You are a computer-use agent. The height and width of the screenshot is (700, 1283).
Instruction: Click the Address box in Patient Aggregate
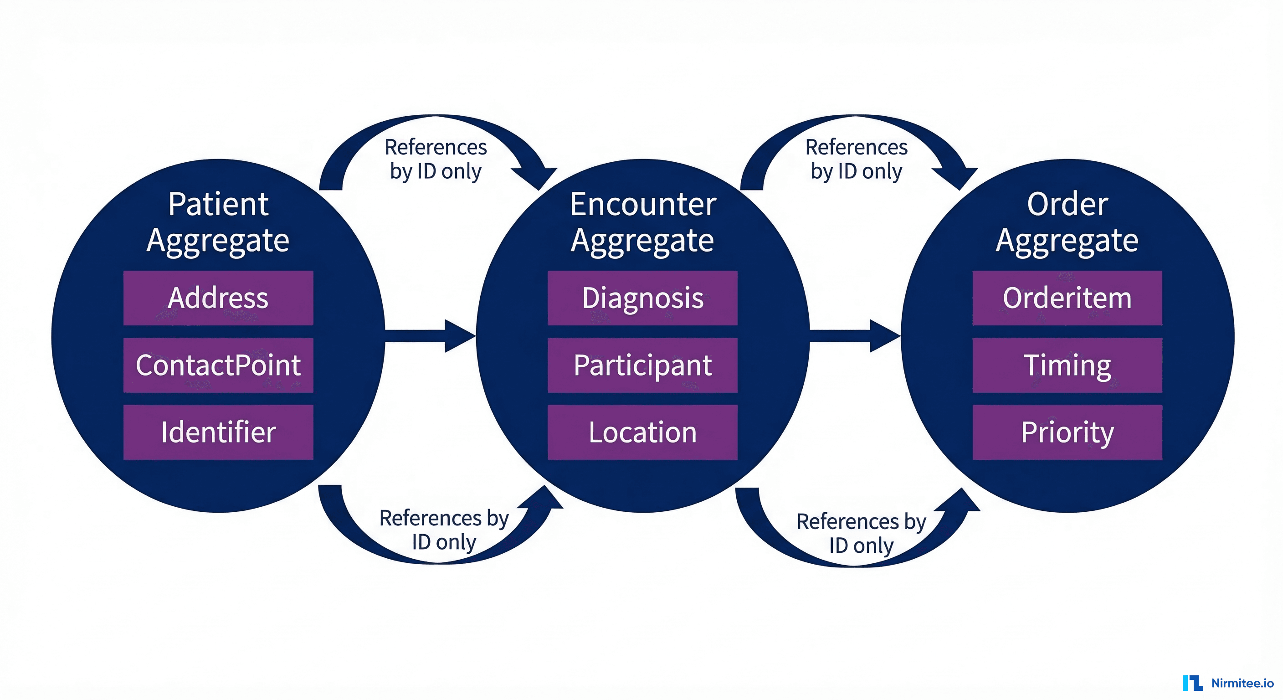click(x=218, y=298)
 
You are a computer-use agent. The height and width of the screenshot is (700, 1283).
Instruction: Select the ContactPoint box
click(x=218, y=365)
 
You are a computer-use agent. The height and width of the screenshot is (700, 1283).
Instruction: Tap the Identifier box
click(x=218, y=432)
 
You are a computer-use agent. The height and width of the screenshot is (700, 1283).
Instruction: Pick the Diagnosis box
click(x=642, y=298)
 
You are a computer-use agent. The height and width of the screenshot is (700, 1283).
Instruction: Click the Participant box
click(x=642, y=365)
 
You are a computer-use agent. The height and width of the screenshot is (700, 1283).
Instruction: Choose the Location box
click(x=642, y=432)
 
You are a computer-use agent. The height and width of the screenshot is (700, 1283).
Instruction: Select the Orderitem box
click(x=1067, y=298)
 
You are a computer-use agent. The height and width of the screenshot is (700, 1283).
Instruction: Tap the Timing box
click(x=1067, y=365)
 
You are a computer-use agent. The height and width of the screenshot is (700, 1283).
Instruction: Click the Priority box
click(x=1067, y=432)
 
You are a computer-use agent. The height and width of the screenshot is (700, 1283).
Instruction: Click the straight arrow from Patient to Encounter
click(x=428, y=336)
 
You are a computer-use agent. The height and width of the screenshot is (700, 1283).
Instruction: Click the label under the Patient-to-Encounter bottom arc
click(x=443, y=530)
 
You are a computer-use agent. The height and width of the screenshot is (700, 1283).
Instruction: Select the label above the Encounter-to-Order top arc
click(x=856, y=159)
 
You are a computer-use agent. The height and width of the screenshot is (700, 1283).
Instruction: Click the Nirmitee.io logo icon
click(x=1192, y=683)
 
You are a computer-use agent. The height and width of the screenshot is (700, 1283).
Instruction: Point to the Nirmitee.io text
click(x=1242, y=683)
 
